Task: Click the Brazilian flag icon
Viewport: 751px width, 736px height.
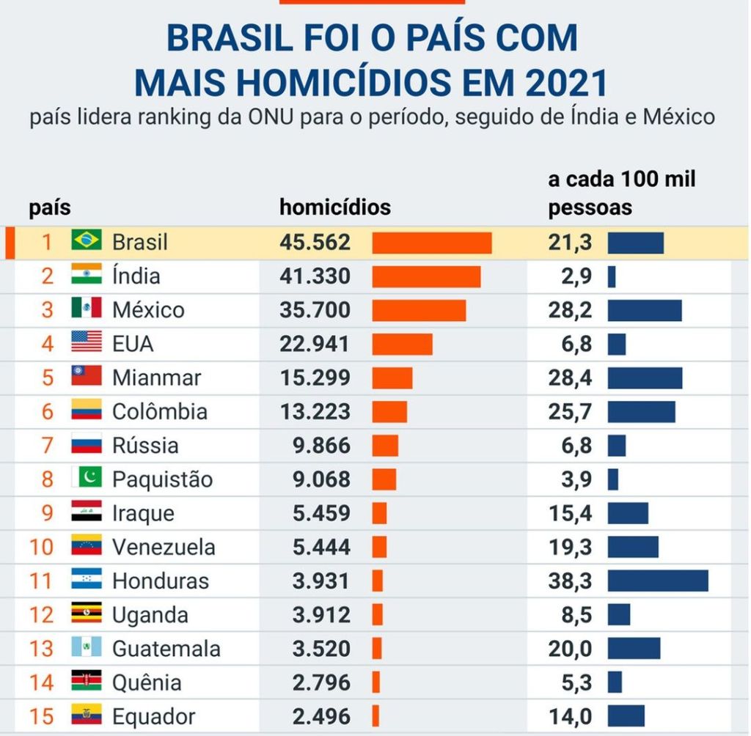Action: [86, 240]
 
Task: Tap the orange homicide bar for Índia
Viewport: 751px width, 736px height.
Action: [426, 276]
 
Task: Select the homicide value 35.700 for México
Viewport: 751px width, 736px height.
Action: [315, 310]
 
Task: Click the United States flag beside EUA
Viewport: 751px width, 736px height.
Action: [86, 342]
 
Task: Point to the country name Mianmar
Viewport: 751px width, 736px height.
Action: [156, 378]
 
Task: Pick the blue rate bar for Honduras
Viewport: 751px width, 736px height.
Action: [657, 581]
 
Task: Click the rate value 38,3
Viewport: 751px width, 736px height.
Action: [570, 581]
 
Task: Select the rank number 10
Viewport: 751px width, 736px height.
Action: [42, 547]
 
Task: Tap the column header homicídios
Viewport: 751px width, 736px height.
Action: [334, 207]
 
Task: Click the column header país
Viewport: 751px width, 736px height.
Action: [50, 208]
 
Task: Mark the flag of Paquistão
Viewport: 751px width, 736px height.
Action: [86, 479]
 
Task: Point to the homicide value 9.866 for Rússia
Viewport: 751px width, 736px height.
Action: [321, 446]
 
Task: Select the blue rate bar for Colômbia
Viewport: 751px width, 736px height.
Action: [641, 411]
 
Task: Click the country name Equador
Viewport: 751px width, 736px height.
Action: [153, 716]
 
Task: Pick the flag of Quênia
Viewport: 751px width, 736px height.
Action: [86, 682]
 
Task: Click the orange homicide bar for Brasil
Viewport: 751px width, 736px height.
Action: [431, 243]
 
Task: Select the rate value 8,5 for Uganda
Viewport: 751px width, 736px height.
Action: [576, 614]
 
